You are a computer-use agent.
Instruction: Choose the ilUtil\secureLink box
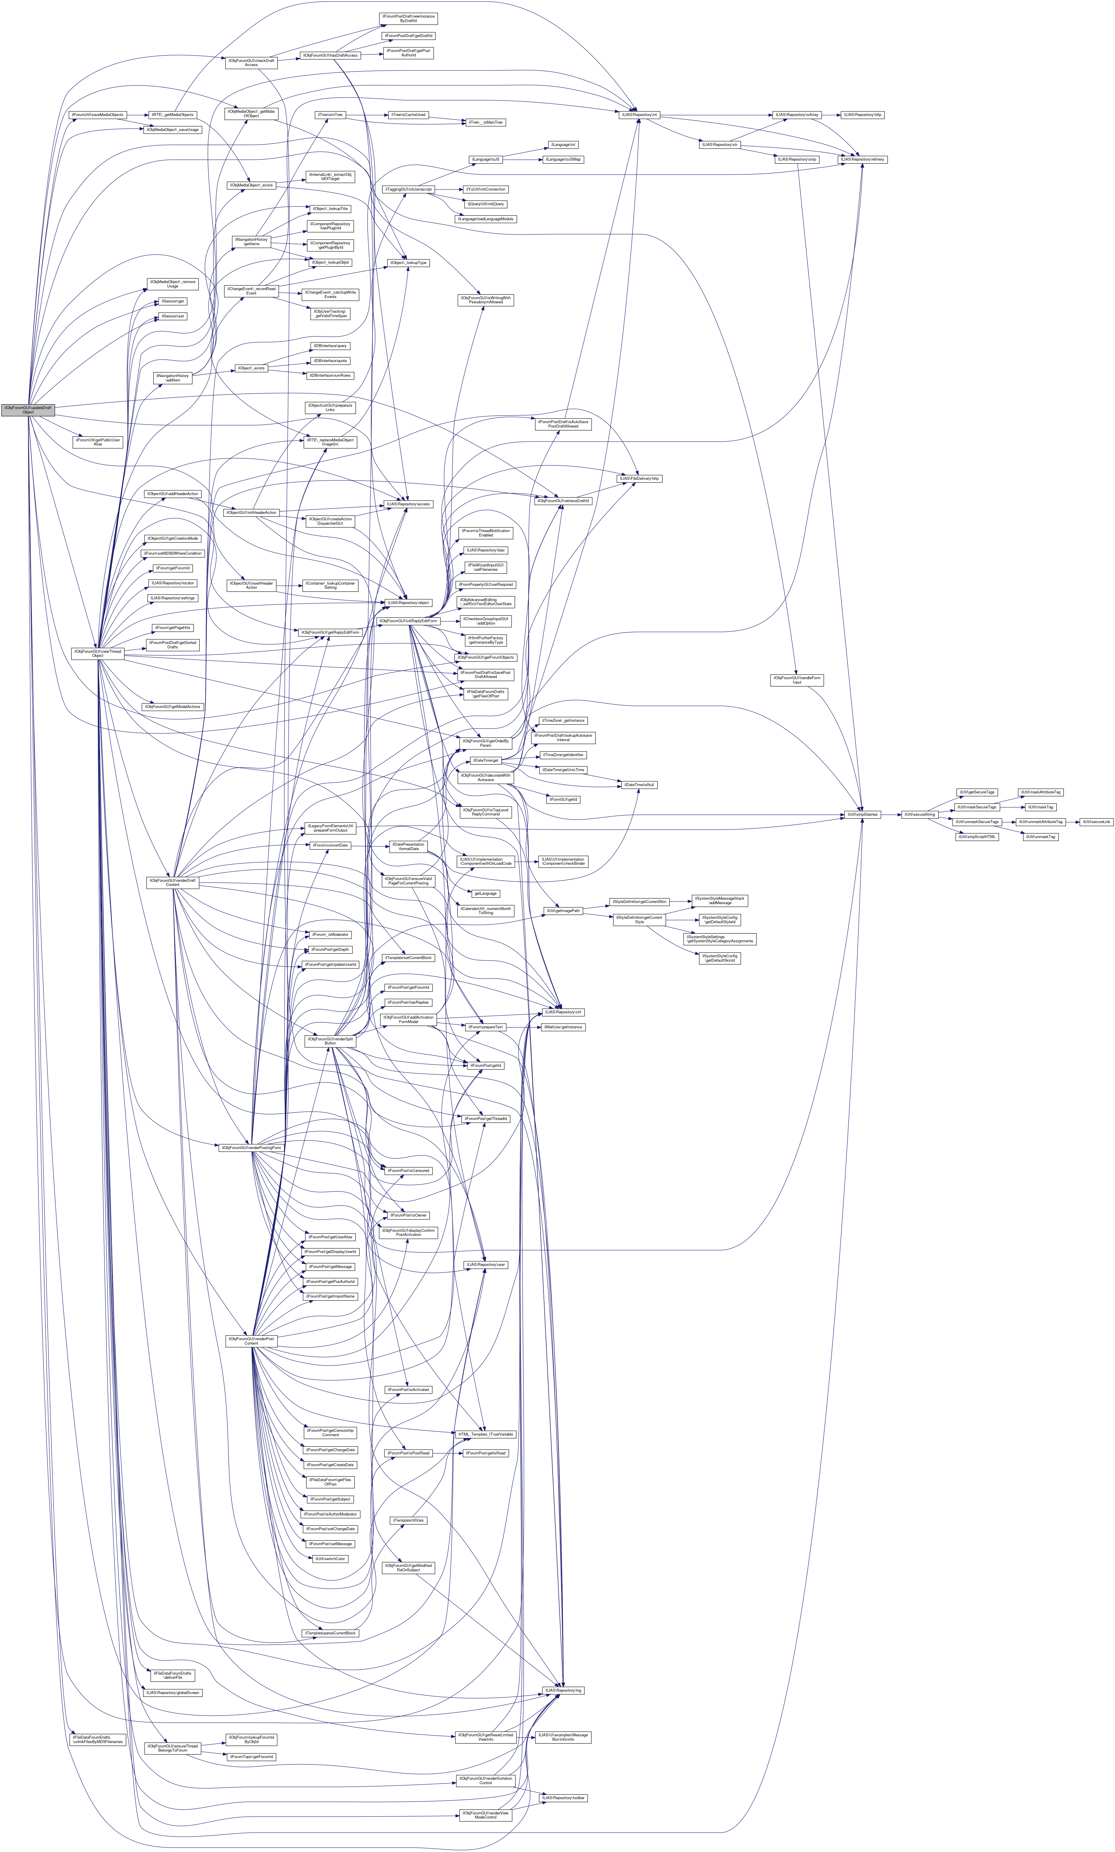1095,822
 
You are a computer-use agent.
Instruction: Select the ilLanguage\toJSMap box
563,159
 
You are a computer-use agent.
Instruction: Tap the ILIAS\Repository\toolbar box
564,1798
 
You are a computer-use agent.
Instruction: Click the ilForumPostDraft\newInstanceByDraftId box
408,18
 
